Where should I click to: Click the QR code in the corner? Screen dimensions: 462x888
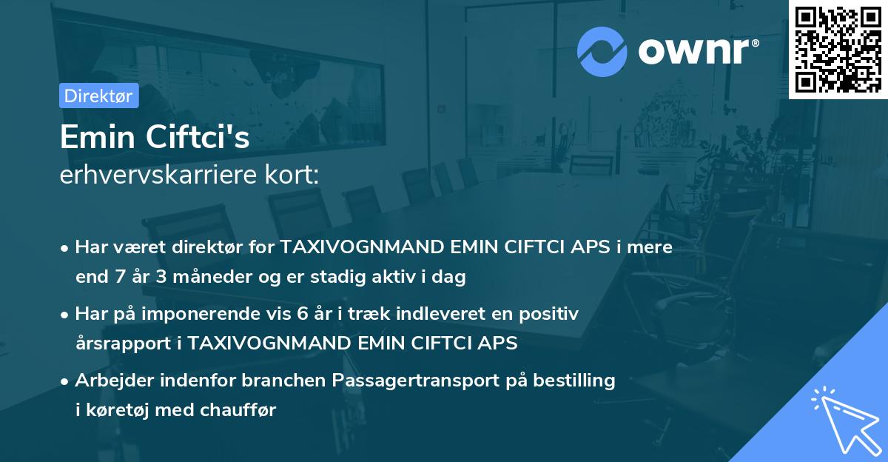click(838, 49)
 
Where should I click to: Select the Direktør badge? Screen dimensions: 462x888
click(98, 96)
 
